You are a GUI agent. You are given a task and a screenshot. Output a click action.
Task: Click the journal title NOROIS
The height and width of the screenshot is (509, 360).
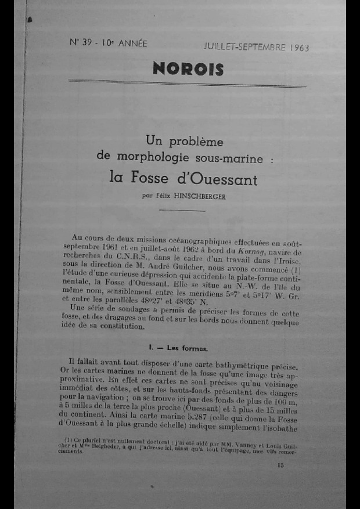pos(188,69)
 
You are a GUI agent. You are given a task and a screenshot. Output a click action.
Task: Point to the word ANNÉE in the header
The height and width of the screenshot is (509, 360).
pos(132,44)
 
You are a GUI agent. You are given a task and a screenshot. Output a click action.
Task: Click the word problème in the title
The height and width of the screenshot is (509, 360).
pos(195,141)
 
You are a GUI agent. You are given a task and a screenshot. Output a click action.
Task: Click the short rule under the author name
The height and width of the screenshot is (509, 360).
pos(183,211)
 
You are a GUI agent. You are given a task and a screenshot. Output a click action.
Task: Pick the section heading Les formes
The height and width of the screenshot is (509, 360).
pos(187,348)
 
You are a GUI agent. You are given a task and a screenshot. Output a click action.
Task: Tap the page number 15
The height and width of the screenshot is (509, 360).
pos(281,464)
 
